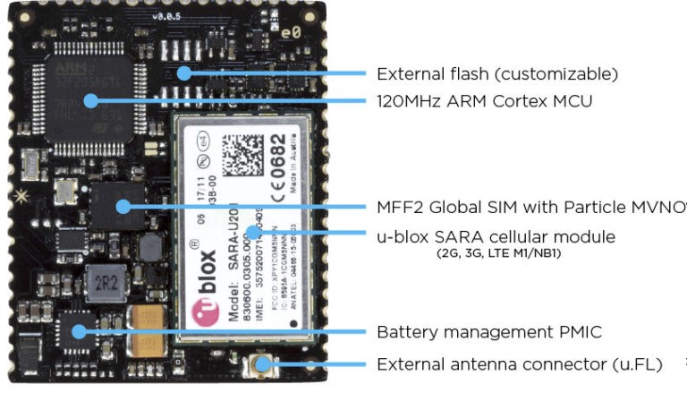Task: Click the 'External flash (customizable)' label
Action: point(496,73)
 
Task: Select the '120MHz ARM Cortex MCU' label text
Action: point(484,101)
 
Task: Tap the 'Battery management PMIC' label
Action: point(488,332)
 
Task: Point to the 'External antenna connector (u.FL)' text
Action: point(520,364)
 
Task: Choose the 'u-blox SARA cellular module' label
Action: point(496,237)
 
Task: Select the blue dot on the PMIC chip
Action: point(79,331)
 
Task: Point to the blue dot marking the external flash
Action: point(186,73)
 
